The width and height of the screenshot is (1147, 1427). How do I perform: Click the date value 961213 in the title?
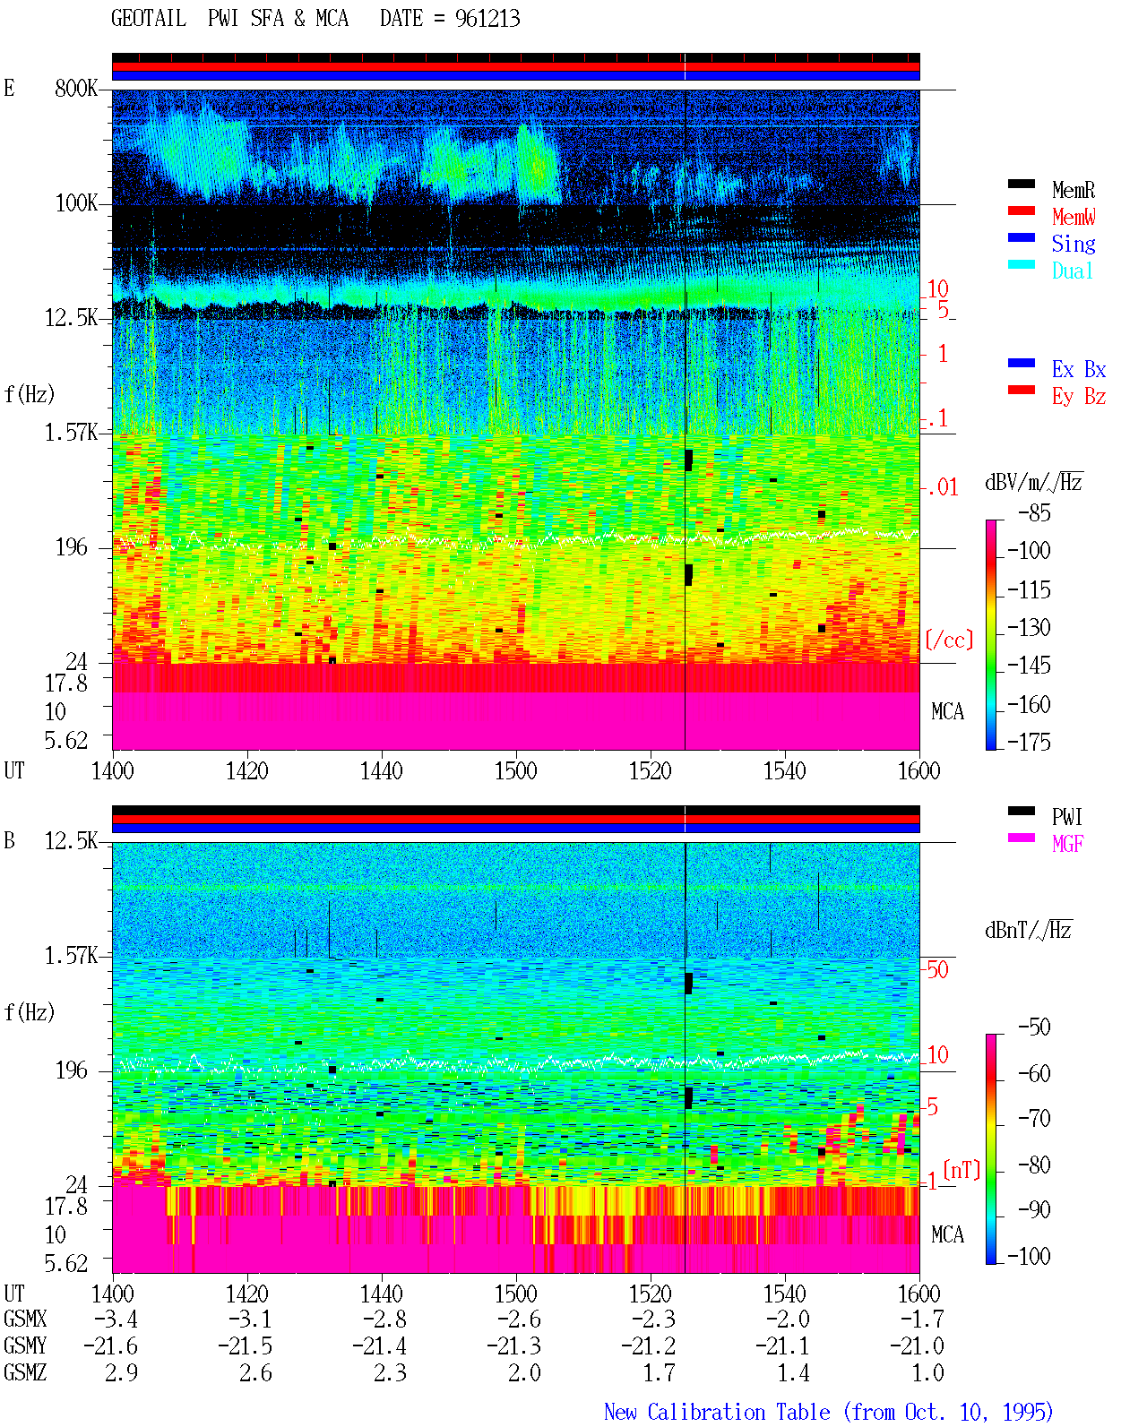(487, 19)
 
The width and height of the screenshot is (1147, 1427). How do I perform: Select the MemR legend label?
(1074, 190)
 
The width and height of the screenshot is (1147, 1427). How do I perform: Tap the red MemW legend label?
(1074, 217)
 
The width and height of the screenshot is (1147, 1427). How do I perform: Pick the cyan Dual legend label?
(1073, 271)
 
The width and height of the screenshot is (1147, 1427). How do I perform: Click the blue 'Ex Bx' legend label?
(1079, 369)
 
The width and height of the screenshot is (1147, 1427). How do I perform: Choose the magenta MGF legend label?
(1067, 844)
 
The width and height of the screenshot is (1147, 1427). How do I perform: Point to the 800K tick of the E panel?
(75, 88)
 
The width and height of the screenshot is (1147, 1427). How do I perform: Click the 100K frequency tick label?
(76, 203)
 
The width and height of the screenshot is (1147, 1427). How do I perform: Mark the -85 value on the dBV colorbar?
(1034, 512)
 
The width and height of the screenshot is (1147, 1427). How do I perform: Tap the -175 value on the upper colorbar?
(1029, 742)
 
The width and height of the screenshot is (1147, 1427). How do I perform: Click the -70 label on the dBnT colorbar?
(1034, 1119)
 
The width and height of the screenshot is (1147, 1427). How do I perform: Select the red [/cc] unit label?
(949, 640)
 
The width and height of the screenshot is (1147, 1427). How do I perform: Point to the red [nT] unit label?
(962, 1170)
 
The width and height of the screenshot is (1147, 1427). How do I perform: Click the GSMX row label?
(25, 1319)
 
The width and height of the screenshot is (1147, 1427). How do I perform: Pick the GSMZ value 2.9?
(121, 1373)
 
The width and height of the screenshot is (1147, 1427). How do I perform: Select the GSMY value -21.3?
(514, 1346)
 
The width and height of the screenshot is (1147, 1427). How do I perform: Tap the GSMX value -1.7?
(922, 1319)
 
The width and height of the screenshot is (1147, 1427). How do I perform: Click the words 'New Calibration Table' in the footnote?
(717, 1412)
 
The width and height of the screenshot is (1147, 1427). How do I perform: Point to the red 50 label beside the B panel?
(937, 969)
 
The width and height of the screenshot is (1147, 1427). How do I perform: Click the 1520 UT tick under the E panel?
(651, 771)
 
